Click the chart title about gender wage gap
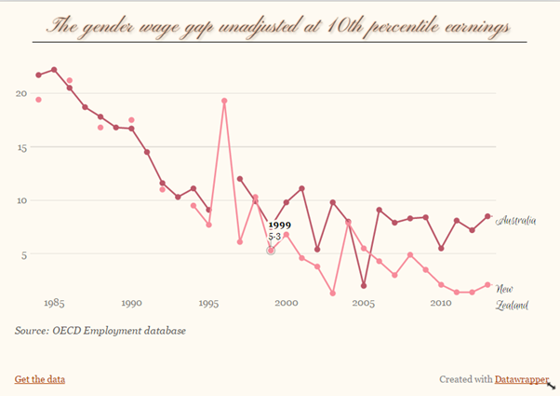pyautogui.click(x=279, y=24)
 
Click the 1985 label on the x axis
pyautogui.click(x=54, y=303)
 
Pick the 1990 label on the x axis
pyautogui.click(x=131, y=303)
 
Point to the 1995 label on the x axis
pyautogui.click(x=208, y=303)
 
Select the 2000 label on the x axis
pyautogui.click(x=286, y=303)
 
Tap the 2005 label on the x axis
pyautogui.click(x=363, y=303)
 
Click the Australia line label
pyautogui.click(x=517, y=221)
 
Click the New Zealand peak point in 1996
pyautogui.click(x=224, y=101)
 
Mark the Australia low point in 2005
pyautogui.click(x=363, y=286)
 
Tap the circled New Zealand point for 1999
pyautogui.click(x=271, y=251)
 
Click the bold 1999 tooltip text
pyautogui.click(x=279, y=225)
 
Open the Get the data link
pyautogui.click(x=40, y=379)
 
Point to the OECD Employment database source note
pyautogui.click(x=100, y=330)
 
